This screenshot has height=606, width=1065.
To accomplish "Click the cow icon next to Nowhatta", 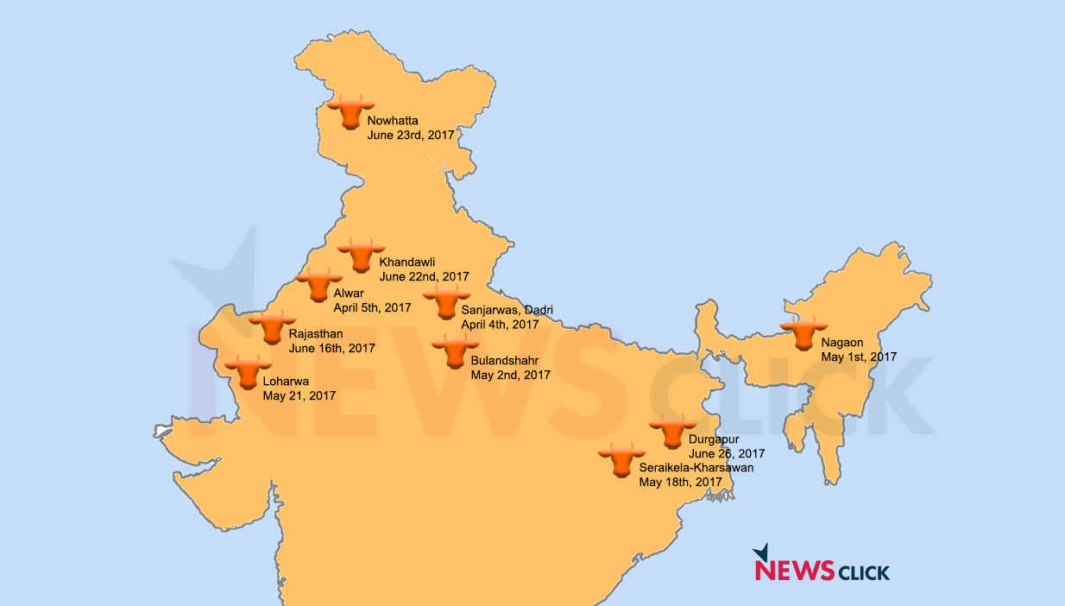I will pyautogui.click(x=349, y=112).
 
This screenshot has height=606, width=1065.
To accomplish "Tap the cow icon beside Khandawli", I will pyautogui.click(x=361, y=256).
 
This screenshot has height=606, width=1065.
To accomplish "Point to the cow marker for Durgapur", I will pyautogui.click(x=672, y=432).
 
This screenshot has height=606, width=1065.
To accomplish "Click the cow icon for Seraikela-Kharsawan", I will pyautogui.click(x=621, y=460).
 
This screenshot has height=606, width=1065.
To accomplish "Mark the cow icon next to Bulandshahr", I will pyautogui.click(x=455, y=351).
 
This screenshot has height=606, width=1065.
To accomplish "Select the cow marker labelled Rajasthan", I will pyautogui.click(x=272, y=328).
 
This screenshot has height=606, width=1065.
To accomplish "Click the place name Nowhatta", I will pyautogui.click(x=393, y=121).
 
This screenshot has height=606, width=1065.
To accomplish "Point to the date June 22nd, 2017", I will pyautogui.click(x=424, y=277).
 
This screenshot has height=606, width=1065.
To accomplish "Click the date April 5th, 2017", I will pyautogui.click(x=373, y=308).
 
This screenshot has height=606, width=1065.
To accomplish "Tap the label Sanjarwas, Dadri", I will pyautogui.click(x=507, y=310).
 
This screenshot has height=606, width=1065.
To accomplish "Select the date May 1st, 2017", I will pyautogui.click(x=859, y=357).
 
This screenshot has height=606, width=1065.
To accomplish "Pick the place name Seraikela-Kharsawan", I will pyautogui.click(x=696, y=468).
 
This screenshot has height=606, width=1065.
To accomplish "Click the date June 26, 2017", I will pyautogui.click(x=727, y=453).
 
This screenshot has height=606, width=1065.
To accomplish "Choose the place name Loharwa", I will pyautogui.click(x=286, y=381).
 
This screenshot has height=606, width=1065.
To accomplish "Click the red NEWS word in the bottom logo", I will pyautogui.click(x=794, y=571).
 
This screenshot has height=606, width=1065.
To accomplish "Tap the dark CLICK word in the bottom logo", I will pyautogui.click(x=864, y=571).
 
